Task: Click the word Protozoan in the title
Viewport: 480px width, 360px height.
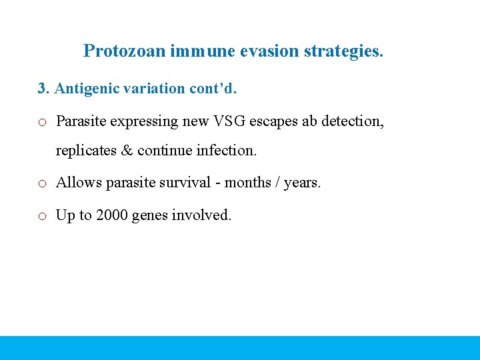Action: point(125,51)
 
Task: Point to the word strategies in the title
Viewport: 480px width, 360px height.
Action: point(343,51)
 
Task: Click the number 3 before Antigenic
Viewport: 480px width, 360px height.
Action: point(42,89)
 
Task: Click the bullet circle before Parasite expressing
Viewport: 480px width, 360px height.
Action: point(42,123)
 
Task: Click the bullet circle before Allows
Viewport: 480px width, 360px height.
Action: point(42,183)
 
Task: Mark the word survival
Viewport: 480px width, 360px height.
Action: point(201,182)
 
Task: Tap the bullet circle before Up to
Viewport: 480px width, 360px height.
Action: point(42,216)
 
